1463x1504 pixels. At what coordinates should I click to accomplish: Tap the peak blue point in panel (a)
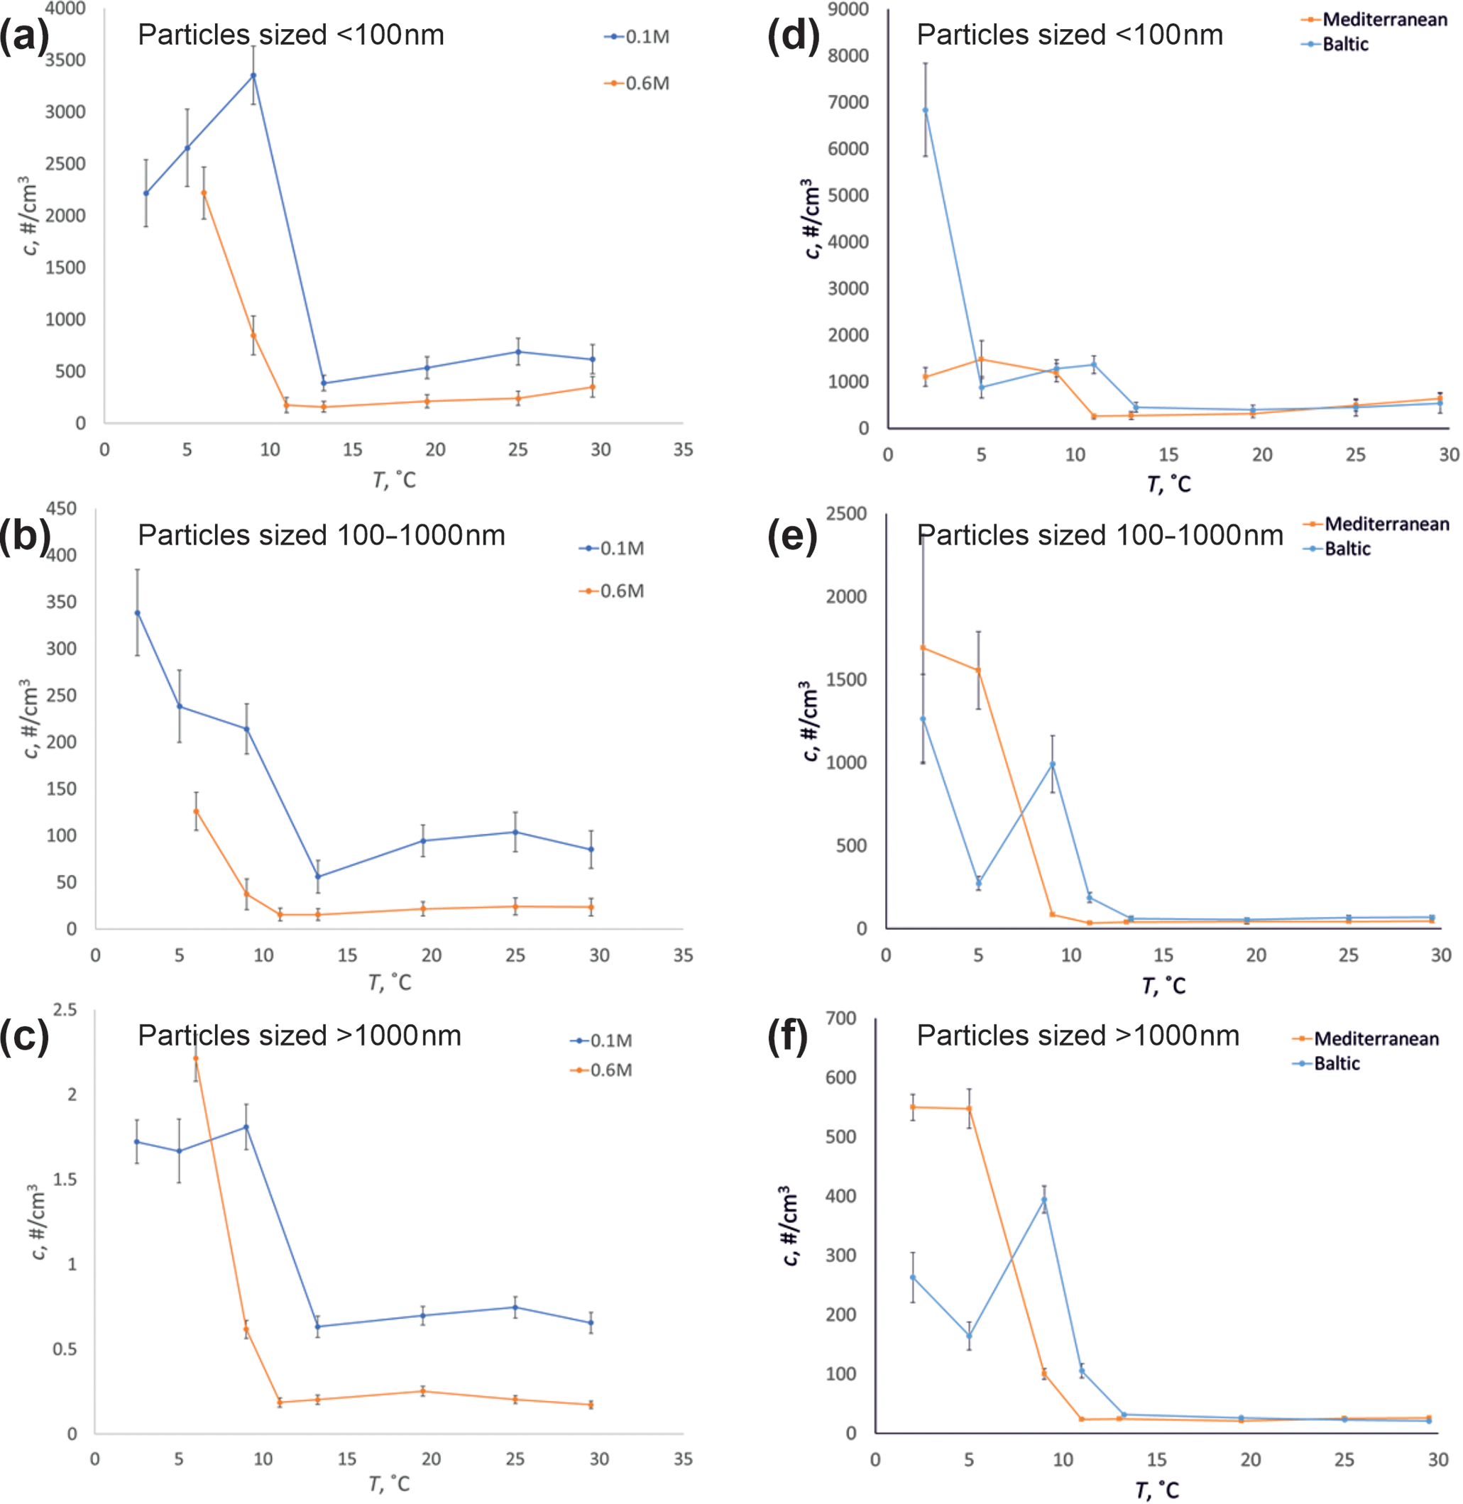point(253,75)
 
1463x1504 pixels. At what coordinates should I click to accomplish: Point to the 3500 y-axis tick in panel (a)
point(65,60)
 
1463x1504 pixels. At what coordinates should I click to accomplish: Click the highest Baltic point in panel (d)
point(925,110)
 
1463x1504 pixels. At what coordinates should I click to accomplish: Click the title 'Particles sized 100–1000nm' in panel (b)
point(321,535)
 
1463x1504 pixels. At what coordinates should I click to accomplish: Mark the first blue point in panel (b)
point(138,613)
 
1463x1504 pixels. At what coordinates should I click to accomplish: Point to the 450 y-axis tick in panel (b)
point(62,508)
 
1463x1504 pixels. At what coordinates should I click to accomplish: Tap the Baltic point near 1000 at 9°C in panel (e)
point(1053,764)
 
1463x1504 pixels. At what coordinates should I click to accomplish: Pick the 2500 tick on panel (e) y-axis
point(846,513)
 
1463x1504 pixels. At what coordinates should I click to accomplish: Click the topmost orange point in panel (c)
point(196,1058)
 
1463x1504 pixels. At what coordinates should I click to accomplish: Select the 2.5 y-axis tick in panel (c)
point(65,1009)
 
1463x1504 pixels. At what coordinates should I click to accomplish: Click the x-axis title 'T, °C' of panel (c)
point(390,1483)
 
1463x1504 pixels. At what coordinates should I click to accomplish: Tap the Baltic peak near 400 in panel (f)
point(1043,1199)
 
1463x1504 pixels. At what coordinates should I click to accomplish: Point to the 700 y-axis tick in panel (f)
point(840,1019)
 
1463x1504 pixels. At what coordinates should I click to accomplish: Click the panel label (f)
point(788,1036)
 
